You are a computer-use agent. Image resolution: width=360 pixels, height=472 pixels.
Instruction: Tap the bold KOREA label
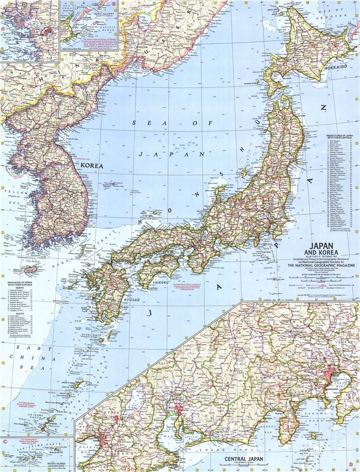[x=92, y=165]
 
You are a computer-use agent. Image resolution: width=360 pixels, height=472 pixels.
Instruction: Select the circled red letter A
[x=4, y=29]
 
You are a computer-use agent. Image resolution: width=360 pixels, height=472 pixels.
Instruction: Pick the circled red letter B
[x=114, y=4]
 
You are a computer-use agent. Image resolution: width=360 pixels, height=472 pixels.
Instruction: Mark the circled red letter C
[x=5, y=442]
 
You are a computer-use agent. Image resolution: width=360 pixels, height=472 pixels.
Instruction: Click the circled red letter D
[x=350, y=464]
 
